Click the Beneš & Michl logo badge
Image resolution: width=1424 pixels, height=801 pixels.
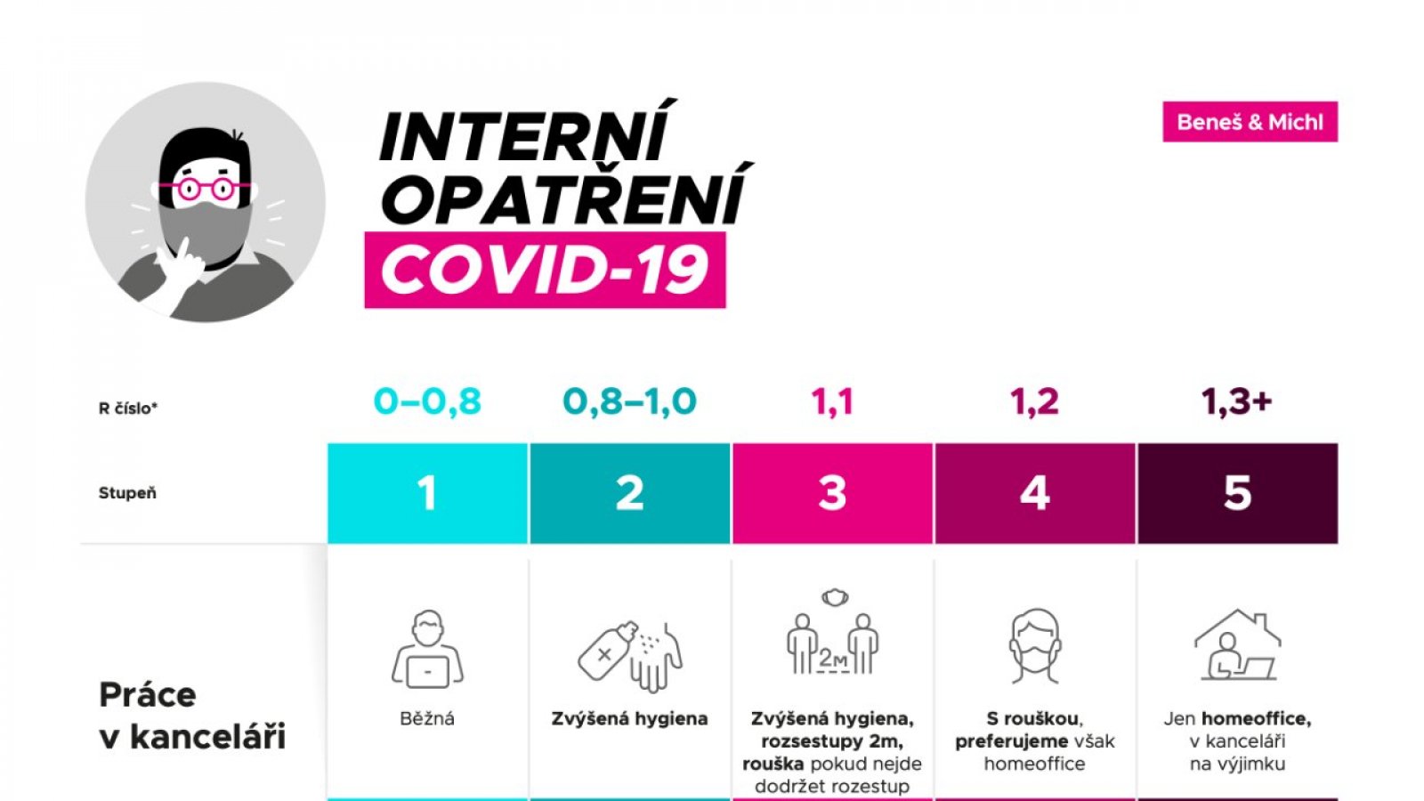(x=1250, y=121)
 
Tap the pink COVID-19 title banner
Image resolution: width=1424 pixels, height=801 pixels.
(x=545, y=271)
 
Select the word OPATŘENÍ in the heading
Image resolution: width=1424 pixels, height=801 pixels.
(x=565, y=193)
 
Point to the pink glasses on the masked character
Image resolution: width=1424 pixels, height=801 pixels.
(x=205, y=188)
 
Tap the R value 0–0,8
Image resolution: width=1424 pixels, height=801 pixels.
(x=427, y=401)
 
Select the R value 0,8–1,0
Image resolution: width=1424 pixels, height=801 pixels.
(x=629, y=401)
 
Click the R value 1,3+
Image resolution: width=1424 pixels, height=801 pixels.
(x=1236, y=401)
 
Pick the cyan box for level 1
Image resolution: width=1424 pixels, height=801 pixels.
(x=428, y=493)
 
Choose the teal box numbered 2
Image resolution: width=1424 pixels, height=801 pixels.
(x=630, y=493)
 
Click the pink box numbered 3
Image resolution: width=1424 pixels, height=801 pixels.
(x=833, y=493)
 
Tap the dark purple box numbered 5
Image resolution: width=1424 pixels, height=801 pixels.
(x=1238, y=493)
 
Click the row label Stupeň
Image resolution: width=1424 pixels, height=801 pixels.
(x=127, y=493)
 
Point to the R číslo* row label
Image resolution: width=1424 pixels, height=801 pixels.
(x=128, y=409)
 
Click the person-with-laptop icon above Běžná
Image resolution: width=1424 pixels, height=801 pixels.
(x=427, y=650)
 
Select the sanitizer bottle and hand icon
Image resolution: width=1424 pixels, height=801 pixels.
(x=630, y=656)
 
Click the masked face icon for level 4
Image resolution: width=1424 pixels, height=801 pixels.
(x=1035, y=646)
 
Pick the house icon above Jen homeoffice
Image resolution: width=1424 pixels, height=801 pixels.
(x=1238, y=644)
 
